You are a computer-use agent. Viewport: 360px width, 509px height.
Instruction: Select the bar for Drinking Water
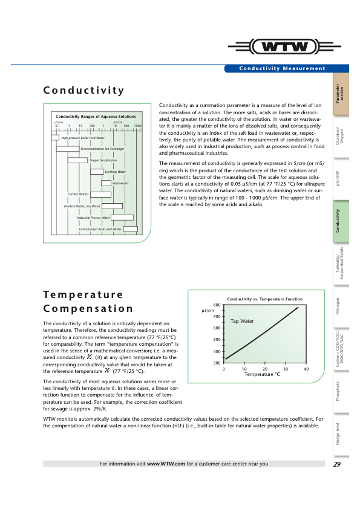tap(97, 172)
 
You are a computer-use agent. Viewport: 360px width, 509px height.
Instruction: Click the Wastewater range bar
tap(106, 183)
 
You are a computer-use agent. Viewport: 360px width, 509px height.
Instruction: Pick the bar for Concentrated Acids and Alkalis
tap(131, 229)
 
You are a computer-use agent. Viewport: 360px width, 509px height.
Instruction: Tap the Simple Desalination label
tap(103, 160)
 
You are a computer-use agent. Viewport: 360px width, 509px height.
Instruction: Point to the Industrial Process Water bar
tap(122, 218)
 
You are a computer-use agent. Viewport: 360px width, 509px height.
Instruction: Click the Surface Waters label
tap(79, 195)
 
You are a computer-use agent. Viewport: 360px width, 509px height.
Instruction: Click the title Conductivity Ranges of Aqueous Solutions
tap(96, 116)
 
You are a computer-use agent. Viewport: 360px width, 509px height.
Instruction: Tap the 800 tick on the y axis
tap(216, 305)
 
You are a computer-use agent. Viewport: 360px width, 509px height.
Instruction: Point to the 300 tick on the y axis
tap(216, 363)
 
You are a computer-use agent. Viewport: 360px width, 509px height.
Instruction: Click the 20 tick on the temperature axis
tap(265, 369)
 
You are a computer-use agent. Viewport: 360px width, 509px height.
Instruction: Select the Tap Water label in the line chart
tap(241, 321)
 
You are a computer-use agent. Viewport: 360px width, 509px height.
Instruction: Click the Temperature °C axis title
tap(262, 375)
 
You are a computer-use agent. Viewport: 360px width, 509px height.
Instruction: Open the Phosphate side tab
tap(341, 392)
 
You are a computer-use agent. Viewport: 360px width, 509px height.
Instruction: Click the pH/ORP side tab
tap(341, 180)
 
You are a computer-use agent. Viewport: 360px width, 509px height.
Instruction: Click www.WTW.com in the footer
tap(165, 464)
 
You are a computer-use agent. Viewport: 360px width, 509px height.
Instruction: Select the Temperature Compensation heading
tap(88, 301)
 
